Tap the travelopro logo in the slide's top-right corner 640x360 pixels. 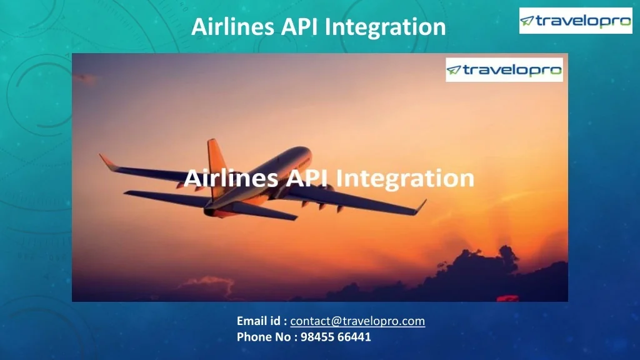pos(576,21)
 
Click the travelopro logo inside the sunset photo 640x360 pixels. pos(504,70)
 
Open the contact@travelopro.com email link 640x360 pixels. pos(357,321)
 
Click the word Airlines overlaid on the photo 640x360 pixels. pos(231,179)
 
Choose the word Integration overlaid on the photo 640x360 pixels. pos(405,179)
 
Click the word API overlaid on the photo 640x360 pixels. pos(307,179)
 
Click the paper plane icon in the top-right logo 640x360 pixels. pos(528,21)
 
